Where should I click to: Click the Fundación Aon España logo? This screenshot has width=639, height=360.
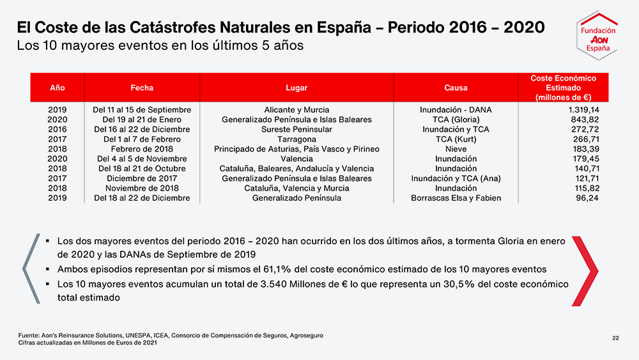point(597,35)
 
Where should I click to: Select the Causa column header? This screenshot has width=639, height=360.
point(456,88)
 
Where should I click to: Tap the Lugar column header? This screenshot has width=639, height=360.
point(296,88)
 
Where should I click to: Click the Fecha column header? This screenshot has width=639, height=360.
point(142,88)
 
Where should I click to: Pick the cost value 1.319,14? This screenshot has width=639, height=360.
point(583,110)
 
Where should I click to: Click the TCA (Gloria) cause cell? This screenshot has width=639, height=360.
point(456,120)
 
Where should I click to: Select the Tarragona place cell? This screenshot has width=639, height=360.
point(296,139)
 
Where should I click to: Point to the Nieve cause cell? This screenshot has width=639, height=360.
point(456,149)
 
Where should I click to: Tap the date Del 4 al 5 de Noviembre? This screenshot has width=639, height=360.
point(142,159)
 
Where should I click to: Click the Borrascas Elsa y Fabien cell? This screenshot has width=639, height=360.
point(456,198)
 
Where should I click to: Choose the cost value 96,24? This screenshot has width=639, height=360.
point(587,198)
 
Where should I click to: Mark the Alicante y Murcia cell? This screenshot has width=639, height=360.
point(296,110)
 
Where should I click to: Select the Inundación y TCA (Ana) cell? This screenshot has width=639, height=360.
point(456,178)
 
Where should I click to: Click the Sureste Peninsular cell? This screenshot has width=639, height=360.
point(296,129)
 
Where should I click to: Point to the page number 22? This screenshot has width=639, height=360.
point(615,338)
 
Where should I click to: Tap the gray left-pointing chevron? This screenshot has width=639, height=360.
point(31,269)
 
